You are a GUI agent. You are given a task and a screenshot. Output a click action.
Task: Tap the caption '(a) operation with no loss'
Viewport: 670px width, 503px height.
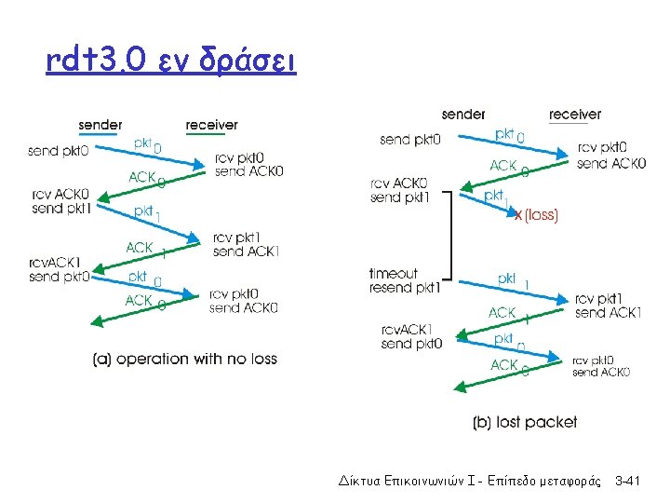[x=185, y=360]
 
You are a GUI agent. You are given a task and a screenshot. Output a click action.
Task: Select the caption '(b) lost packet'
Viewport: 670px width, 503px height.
[x=525, y=422]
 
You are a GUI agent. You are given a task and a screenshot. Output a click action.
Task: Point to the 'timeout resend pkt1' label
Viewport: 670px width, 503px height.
[x=403, y=280]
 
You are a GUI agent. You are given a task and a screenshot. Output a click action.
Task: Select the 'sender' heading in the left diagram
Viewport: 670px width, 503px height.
[x=100, y=125]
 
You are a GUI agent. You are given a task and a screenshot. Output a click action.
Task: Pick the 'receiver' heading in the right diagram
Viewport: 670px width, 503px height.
[x=574, y=115]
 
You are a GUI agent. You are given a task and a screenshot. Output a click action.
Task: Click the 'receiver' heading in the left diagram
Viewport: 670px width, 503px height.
[x=211, y=125]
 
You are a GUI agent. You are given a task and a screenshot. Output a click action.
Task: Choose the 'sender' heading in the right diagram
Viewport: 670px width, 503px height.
[x=463, y=115]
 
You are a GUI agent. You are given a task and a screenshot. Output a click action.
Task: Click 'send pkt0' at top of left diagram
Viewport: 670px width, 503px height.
[x=59, y=151]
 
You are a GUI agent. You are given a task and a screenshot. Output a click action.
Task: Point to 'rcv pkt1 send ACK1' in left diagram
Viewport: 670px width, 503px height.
[x=246, y=244]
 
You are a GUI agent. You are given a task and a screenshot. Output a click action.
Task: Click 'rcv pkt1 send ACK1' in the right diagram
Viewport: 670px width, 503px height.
[x=608, y=306]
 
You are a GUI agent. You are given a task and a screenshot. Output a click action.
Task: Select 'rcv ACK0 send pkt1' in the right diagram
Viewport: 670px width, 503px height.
[x=399, y=190]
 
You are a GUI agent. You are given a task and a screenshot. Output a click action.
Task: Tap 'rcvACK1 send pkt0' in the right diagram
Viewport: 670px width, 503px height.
[x=411, y=336]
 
